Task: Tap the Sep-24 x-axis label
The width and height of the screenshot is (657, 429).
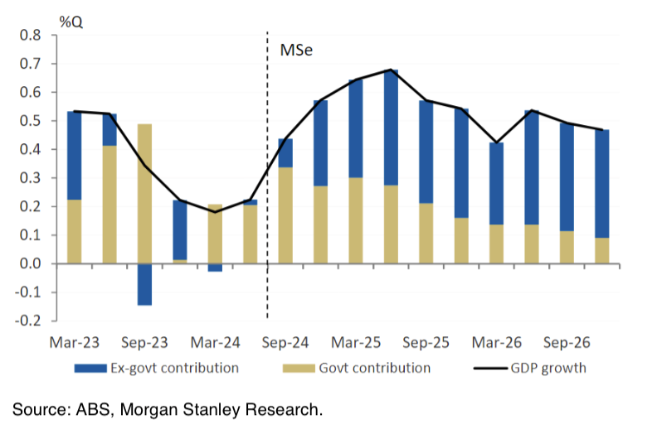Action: click(x=285, y=341)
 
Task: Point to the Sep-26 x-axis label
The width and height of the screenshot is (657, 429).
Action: click(x=567, y=341)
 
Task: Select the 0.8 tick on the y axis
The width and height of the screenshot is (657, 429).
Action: click(x=31, y=36)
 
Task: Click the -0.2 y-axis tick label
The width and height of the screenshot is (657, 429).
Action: click(x=29, y=321)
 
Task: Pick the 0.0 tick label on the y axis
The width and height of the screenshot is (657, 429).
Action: click(x=31, y=264)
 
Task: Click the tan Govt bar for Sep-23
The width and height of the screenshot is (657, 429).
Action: click(x=144, y=194)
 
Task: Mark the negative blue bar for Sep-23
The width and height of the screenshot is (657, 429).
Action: click(x=144, y=284)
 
